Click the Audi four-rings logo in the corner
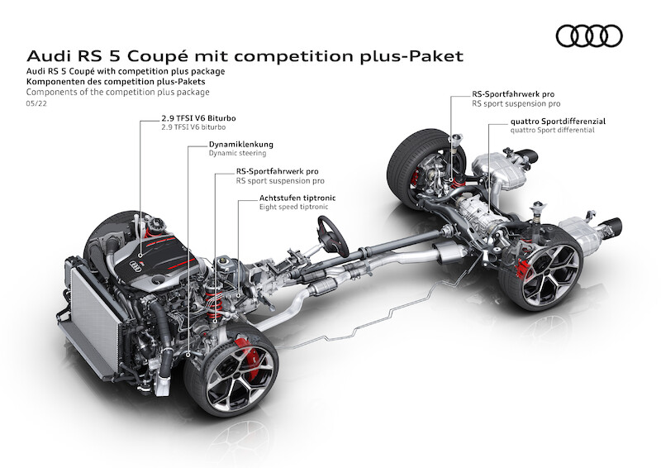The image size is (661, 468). coord(589,36)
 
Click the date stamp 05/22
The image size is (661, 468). coord(36,103)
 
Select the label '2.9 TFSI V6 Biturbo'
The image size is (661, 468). coord(198,118)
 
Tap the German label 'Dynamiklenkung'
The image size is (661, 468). coord(241,145)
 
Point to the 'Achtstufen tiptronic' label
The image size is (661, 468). coord(297,198)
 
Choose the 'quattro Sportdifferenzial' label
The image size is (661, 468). coord(558,121)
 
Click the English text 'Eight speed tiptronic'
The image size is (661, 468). coord(293,207)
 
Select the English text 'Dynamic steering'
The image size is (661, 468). coord(237,153)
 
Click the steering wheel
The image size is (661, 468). coord(333,236)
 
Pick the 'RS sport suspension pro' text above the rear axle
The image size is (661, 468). coord(516,103)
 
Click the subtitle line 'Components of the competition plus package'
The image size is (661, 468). coord(117,92)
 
